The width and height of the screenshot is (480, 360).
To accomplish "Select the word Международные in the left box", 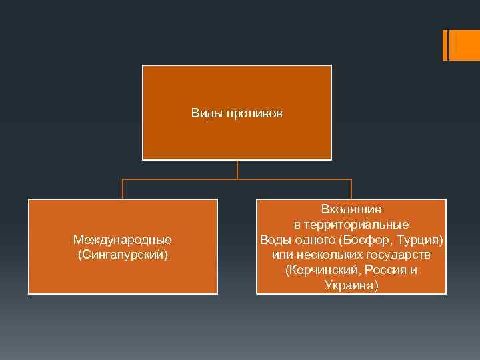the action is [123, 239].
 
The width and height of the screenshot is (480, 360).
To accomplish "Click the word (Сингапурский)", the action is [123, 255].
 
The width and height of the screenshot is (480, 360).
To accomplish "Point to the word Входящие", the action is [351, 209].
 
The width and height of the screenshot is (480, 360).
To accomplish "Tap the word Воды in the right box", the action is [273, 239].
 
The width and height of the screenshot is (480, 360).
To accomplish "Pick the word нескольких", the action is [329, 255].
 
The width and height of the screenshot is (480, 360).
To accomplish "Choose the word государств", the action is [398, 255].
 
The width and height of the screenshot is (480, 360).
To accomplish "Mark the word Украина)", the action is [351, 285].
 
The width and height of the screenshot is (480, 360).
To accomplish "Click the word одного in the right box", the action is [315, 239].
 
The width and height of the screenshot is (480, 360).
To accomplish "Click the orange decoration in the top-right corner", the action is [460, 45].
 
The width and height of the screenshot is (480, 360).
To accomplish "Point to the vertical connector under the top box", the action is [237, 169].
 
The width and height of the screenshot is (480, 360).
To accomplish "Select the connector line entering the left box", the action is [123, 189].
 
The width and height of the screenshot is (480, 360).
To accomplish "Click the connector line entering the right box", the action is [351, 189].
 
